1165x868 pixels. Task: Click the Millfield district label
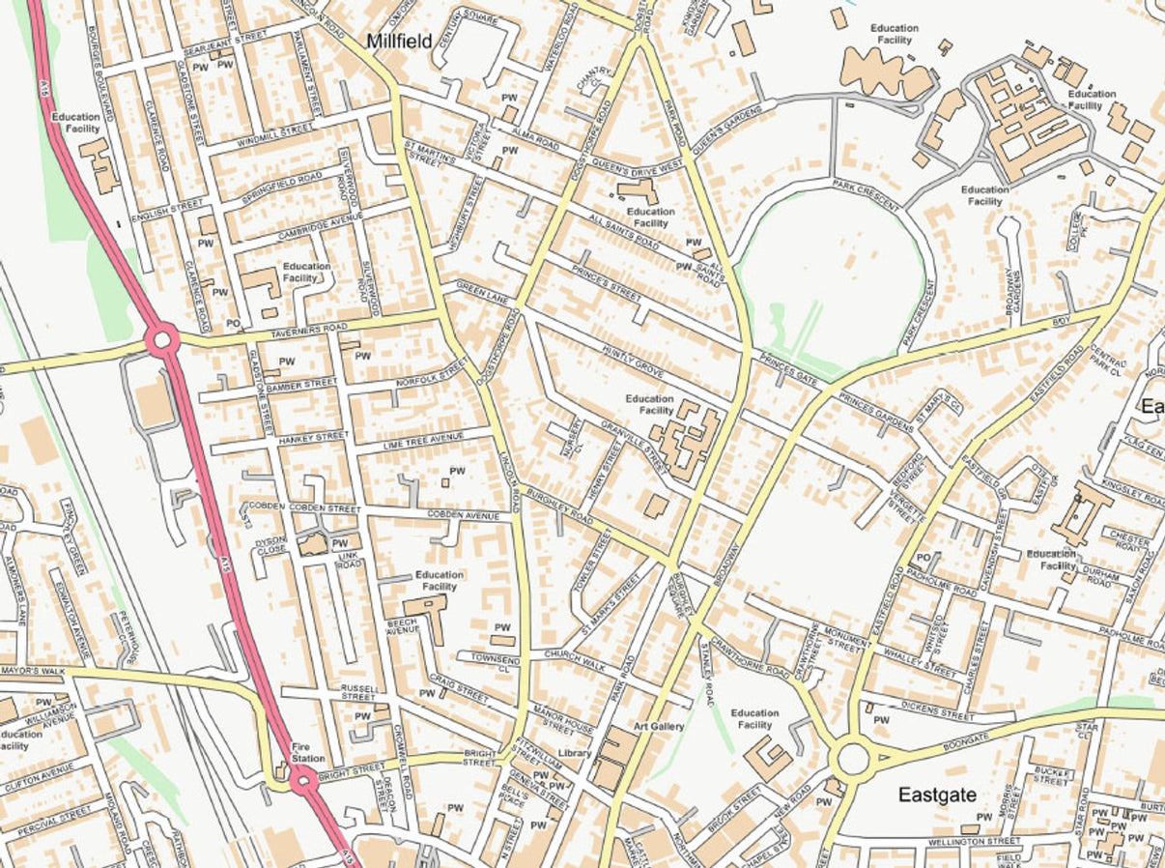click(399, 42)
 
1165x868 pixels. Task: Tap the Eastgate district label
click(936, 795)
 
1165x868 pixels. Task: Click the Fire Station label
click(308, 752)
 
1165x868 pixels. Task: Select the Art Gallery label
click(659, 726)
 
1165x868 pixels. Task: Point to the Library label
click(575, 753)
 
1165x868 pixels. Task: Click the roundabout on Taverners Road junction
click(162, 339)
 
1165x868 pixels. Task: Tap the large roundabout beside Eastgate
click(854, 759)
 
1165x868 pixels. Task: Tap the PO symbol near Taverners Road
click(233, 323)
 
